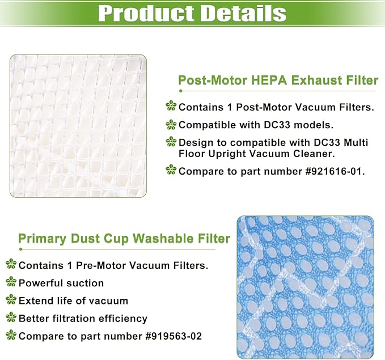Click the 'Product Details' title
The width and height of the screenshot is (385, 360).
tap(192, 13)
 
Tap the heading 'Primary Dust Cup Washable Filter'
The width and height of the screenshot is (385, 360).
tap(124, 238)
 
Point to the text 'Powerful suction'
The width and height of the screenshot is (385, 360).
tap(61, 282)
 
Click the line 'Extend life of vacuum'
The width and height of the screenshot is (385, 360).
tap(73, 300)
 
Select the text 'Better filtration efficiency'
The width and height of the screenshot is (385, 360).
tap(83, 319)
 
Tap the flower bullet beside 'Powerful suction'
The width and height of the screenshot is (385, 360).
tap(11, 282)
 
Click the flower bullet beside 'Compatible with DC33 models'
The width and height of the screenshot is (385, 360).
tap(171, 124)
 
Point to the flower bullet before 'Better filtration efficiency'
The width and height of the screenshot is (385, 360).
tap(11, 318)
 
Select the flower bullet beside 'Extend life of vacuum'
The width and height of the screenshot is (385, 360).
tap(11, 300)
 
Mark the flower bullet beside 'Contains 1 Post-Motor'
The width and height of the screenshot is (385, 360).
tap(171, 106)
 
